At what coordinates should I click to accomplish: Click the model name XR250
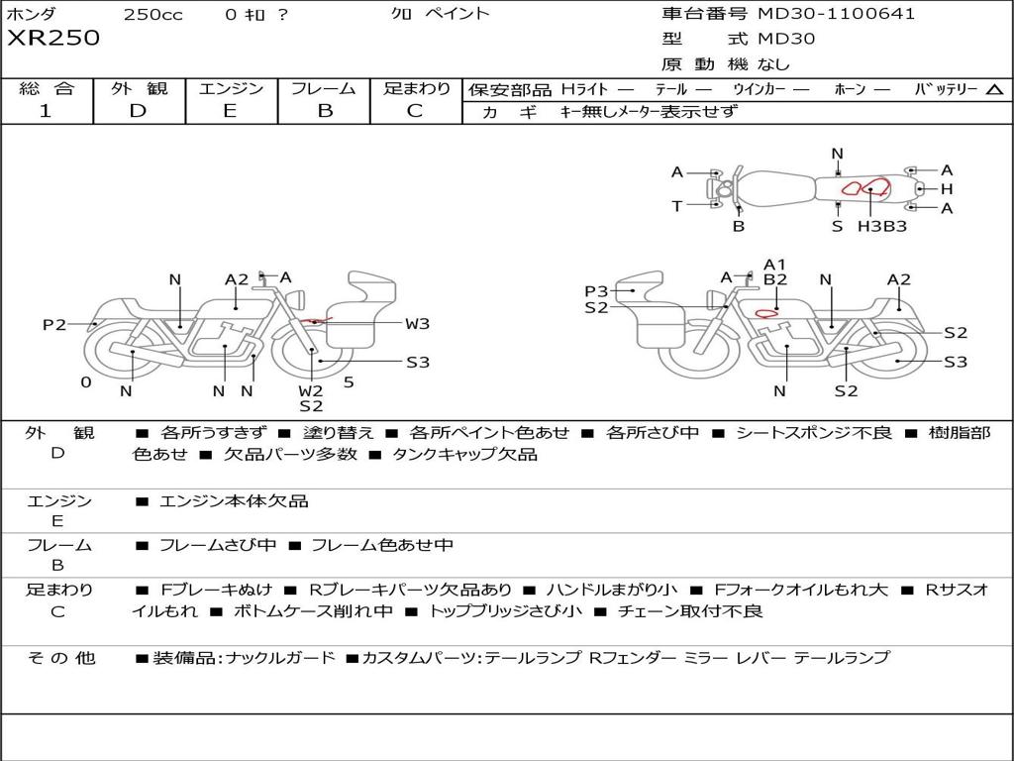53,39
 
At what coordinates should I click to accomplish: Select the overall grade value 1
46,111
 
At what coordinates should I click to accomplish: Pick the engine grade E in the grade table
230,111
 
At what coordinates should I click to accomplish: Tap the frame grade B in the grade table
324,111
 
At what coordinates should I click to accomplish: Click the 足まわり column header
417,89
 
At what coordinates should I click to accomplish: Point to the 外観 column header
140,89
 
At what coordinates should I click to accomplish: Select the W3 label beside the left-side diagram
417,324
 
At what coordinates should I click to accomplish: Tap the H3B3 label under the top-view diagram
881,226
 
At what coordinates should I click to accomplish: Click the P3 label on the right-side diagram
596,291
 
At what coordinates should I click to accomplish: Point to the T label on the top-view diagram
677,206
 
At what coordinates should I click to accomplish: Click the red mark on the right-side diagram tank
765,314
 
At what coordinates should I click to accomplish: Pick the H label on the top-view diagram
947,189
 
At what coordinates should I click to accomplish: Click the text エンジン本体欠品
234,501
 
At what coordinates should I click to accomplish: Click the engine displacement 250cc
152,15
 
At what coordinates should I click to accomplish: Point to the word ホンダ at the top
32,15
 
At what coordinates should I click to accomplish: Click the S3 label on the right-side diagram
955,363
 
